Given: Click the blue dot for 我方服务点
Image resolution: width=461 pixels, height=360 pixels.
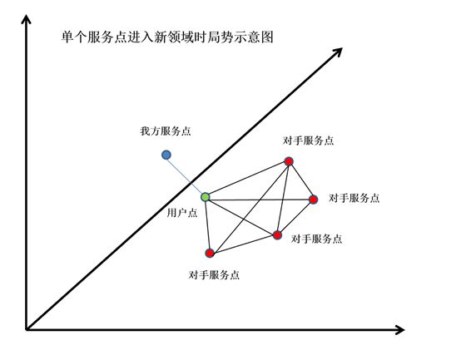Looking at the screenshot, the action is click(x=166, y=155).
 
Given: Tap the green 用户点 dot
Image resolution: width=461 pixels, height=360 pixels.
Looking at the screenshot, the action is click(x=206, y=197).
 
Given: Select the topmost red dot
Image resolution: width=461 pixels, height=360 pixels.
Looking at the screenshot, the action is click(x=289, y=161).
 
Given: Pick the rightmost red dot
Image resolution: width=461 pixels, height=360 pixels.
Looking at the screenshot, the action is click(x=314, y=200).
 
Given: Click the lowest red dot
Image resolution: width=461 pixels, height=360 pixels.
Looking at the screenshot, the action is click(x=210, y=253).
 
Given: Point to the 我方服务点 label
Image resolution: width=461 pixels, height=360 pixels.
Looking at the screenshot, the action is click(x=166, y=131).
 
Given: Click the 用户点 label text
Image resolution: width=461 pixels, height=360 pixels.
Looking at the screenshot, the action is click(x=182, y=213).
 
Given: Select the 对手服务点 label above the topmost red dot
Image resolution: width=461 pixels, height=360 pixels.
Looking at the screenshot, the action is click(x=308, y=141).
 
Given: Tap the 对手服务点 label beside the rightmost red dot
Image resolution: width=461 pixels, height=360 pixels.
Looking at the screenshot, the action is click(x=354, y=198).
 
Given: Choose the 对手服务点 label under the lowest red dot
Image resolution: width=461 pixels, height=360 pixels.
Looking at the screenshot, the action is click(x=214, y=275).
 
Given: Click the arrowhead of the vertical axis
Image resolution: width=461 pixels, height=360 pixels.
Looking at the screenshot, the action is click(x=27, y=19).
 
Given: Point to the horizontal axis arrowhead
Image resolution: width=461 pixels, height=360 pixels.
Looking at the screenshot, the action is click(x=399, y=330).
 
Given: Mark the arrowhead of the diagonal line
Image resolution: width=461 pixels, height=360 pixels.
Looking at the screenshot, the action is click(x=338, y=52).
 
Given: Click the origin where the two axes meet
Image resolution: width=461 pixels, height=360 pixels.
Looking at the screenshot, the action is click(x=27, y=329).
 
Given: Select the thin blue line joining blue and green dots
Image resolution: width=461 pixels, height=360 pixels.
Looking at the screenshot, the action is click(x=186, y=175).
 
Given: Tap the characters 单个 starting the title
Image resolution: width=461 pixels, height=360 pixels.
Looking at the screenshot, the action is click(x=74, y=37).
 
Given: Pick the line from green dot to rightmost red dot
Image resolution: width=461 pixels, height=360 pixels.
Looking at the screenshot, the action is click(x=260, y=199).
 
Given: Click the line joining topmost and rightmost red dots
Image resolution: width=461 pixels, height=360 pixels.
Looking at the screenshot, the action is click(x=301, y=180).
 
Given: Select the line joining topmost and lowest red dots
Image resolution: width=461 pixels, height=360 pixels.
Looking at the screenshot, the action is click(x=250, y=207).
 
